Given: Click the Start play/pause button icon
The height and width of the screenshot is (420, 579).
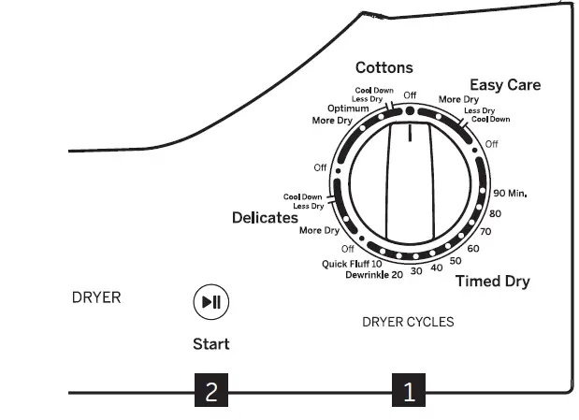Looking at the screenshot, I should coord(210,301).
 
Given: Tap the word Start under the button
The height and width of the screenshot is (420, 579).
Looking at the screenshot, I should coord(210,343).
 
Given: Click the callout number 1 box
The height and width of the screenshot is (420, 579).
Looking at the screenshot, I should coord(408,391).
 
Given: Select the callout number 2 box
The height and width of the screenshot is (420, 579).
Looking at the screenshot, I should coord(210,391).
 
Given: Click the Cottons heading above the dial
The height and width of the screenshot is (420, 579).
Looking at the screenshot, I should coord(384,68).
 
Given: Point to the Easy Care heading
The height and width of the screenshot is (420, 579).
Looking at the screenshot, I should coord(505,85).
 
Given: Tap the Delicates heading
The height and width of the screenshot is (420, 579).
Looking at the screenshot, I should coord(265,218).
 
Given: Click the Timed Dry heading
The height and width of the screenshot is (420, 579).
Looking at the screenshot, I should coord(493,282).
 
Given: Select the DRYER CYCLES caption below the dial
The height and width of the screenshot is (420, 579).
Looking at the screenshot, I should coord(408,322).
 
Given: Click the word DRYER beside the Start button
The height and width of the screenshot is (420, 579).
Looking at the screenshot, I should coord(96,298).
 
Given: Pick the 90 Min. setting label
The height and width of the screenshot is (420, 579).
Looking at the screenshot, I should coord(511,194).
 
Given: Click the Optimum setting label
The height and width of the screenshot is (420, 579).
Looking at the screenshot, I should coord(348,109).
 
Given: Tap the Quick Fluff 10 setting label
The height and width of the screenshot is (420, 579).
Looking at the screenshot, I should coord(352,264).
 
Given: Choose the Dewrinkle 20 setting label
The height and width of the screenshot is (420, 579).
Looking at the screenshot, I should coord(374,275).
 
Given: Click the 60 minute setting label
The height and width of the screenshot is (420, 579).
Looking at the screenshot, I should coord(473,249).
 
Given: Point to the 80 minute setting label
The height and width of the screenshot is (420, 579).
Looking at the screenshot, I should coord(496,214).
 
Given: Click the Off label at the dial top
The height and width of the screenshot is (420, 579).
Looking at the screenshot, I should coord(410,94).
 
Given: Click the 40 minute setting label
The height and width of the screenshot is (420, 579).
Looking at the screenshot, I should coord(437,268).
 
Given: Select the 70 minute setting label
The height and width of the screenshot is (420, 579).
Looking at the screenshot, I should coord(485,231).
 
